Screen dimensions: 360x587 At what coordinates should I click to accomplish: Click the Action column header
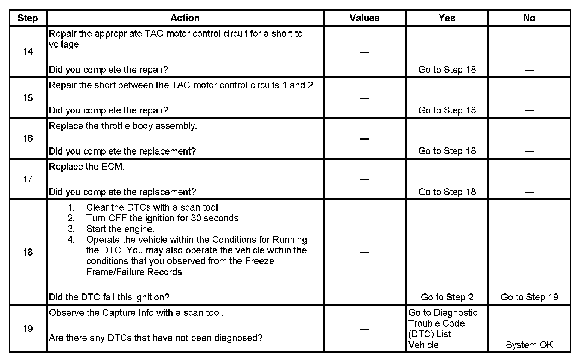pos(185,18)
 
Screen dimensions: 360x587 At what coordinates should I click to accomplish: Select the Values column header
pos(364,18)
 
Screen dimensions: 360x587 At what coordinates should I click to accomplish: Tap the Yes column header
pos(447,18)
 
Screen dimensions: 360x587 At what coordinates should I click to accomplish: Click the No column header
pos(529,18)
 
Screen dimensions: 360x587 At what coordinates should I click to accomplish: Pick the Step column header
pos(28,18)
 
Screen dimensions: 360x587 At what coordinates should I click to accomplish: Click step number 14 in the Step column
pos(28,52)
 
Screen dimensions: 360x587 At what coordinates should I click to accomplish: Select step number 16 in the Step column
pos(28,138)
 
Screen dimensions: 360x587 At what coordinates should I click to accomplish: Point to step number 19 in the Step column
pos(28,329)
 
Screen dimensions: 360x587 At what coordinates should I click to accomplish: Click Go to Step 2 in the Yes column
pos(447,297)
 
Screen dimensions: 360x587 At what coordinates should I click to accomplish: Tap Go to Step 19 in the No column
pos(529,297)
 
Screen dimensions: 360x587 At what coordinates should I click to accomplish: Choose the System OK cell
pos(529,345)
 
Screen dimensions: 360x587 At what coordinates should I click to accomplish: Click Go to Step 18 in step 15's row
pos(447,110)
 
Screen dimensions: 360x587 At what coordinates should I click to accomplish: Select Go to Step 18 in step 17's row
pos(447,192)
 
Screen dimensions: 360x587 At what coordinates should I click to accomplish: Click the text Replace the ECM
pos(86,167)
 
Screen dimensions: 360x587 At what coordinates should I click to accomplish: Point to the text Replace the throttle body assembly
pos(123,126)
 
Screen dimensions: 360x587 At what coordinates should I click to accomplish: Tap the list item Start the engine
pos(120,229)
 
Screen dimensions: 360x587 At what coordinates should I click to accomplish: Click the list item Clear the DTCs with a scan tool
pos(153,207)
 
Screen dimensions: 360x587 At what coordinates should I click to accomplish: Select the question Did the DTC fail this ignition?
pos(109,297)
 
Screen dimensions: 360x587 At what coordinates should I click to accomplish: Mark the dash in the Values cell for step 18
pos(364,253)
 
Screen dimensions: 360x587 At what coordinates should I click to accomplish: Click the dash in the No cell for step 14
pos(529,70)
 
